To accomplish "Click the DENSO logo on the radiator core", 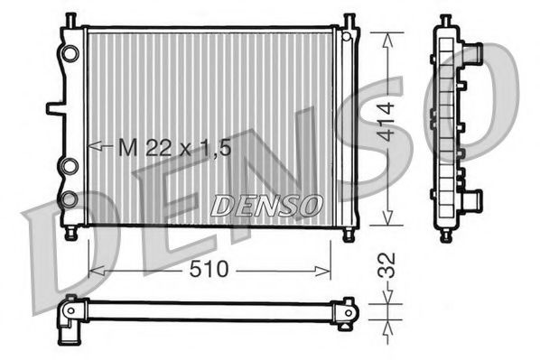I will click(x=266, y=206).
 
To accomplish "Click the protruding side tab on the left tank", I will click(x=55, y=107).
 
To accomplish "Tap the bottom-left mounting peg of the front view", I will click(x=70, y=235).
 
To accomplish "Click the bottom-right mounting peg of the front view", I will click(x=349, y=235).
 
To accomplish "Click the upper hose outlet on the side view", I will click(x=471, y=53).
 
